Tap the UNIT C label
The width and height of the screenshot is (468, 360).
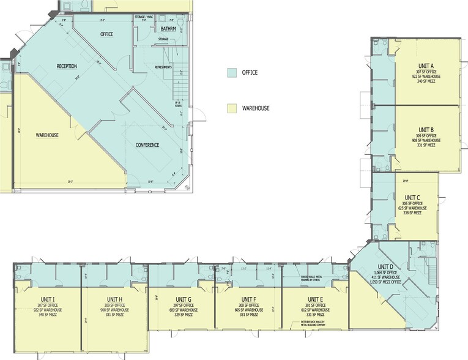pos(410,197)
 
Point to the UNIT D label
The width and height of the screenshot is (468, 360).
pos(385,266)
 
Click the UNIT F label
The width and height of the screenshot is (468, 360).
pos(248,299)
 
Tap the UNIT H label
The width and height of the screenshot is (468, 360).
pos(116,299)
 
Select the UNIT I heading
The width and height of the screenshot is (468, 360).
pos(48,299)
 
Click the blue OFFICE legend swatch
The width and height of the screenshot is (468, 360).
pos(232,72)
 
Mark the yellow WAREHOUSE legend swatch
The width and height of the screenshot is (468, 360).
pos(232,108)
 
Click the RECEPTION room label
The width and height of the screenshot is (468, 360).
pos(67,66)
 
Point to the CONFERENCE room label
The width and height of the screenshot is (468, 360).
pos(147,145)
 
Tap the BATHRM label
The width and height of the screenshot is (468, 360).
pos(168,29)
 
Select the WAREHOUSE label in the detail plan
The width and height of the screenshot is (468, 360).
pos(47,134)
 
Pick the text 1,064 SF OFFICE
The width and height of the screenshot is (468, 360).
pos(385,272)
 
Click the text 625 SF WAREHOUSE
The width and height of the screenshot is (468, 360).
pos(410,208)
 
